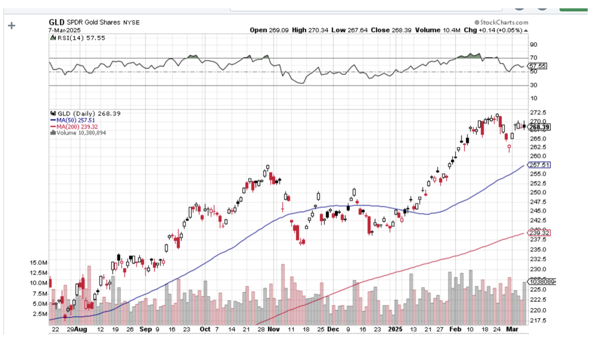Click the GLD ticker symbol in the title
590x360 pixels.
coord(57,22)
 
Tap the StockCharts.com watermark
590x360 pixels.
coord(501,22)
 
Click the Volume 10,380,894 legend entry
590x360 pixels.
coord(79,133)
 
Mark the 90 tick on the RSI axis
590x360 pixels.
coord(533,45)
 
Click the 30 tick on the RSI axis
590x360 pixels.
coord(533,85)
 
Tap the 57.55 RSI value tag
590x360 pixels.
coord(538,66)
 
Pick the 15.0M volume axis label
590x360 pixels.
coord(38,263)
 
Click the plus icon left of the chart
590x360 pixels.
coord(12,26)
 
